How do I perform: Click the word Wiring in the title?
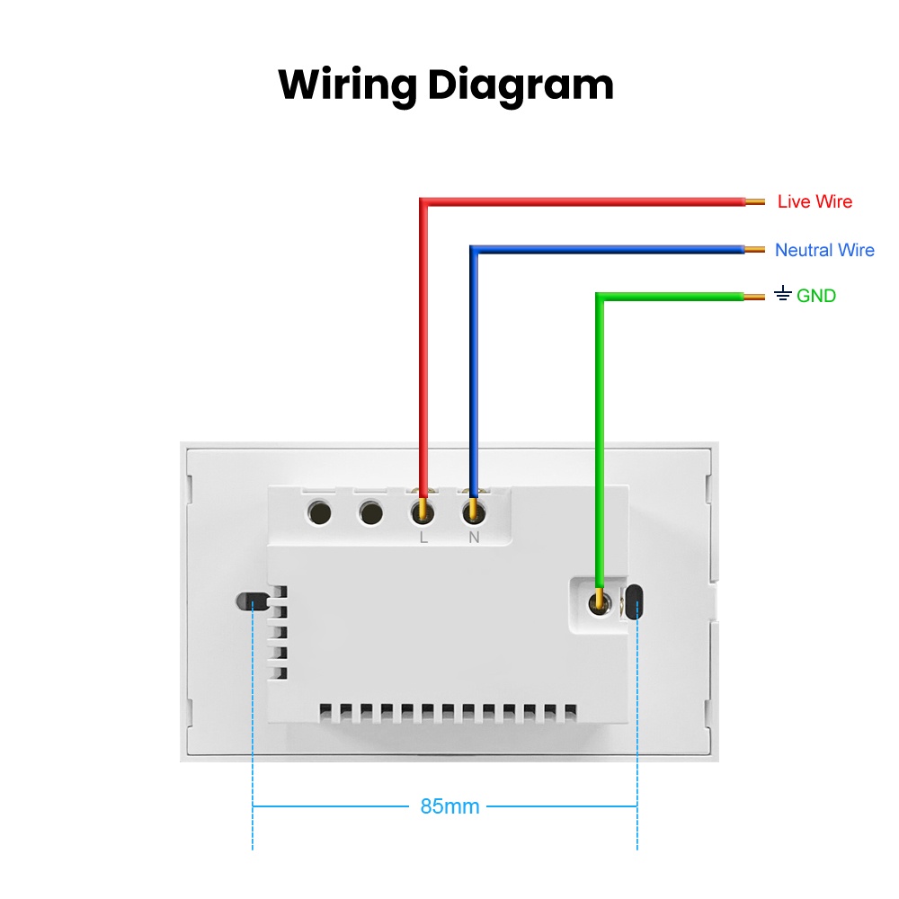click(x=347, y=86)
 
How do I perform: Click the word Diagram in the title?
click(x=521, y=86)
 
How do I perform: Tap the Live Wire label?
click(x=814, y=201)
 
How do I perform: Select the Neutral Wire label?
click(x=824, y=250)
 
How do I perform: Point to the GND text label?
click(x=816, y=296)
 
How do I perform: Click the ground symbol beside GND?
click(x=783, y=294)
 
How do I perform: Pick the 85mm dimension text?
click(x=449, y=806)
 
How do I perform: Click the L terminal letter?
click(x=423, y=538)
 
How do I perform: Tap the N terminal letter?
click(x=474, y=538)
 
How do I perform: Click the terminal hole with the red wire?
click(x=423, y=512)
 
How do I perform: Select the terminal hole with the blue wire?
click(x=474, y=512)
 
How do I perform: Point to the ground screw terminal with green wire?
click(x=600, y=603)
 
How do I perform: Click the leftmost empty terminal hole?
click(x=319, y=512)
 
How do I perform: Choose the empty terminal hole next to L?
click(x=371, y=512)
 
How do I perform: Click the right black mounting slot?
click(x=634, y=602)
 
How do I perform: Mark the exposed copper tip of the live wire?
click(x=755, y=201)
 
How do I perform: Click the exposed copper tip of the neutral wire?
click(x=754, y=249)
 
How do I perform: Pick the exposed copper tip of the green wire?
click(x=754, y=297)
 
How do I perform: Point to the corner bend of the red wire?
click(x=423, y=202)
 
